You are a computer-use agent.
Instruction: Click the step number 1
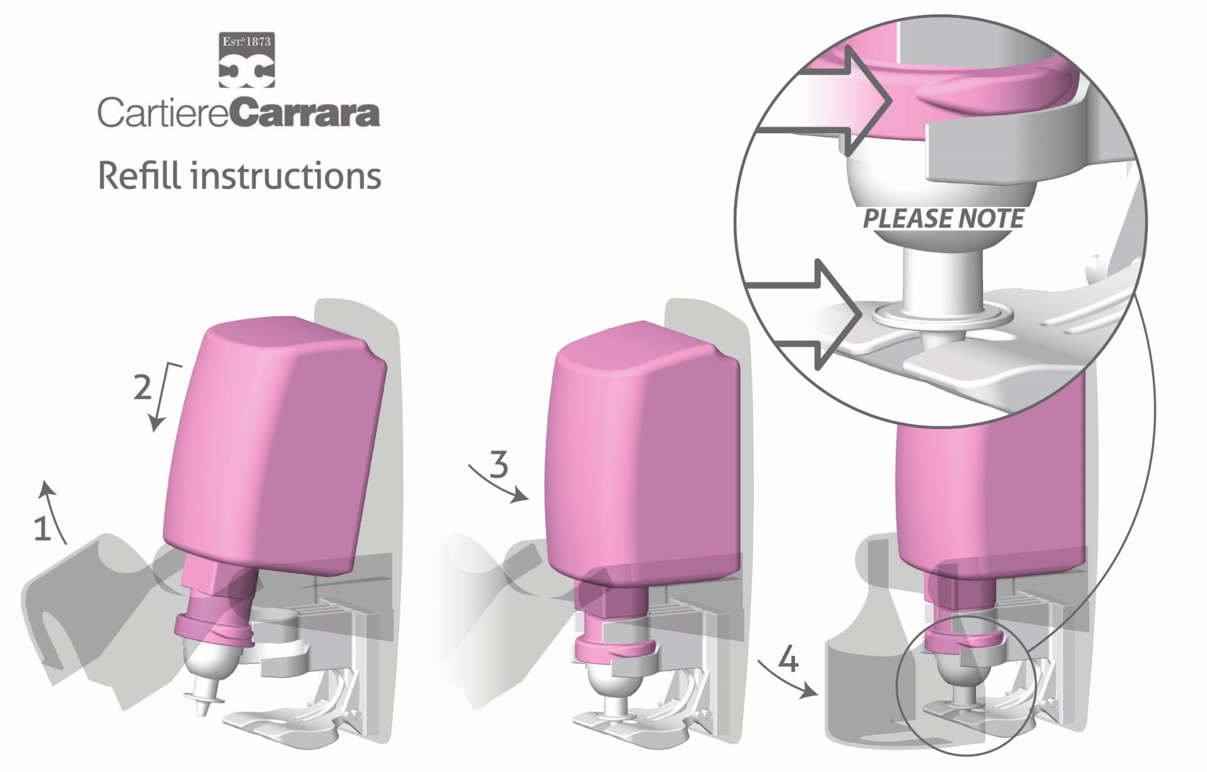coord(42,529)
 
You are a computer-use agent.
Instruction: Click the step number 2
coord(141,387)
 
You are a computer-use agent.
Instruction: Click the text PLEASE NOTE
coord(943,219)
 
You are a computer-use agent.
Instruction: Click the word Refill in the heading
coord(140,175)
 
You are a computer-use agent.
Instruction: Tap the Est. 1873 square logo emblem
coord(246,60)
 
